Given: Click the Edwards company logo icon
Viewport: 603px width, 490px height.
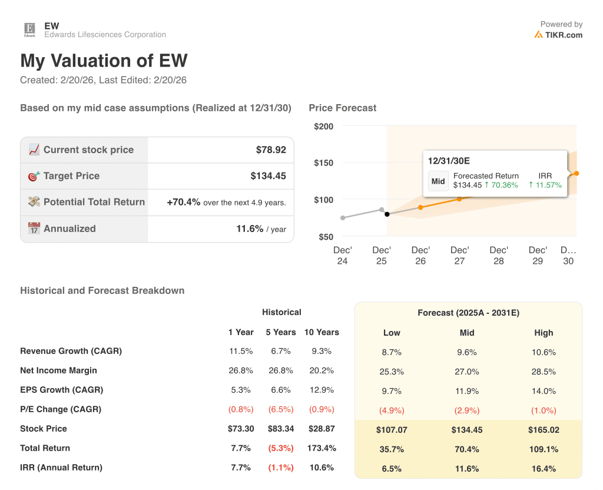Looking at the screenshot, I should click(29, 29).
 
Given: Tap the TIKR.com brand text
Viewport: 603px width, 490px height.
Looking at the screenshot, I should click(564, 35).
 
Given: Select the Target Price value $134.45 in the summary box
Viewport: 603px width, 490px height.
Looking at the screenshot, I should click(268, 176).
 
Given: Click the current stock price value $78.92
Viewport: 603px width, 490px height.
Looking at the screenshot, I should click(271, 150).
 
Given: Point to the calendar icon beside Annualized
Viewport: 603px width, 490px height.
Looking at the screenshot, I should click(34, 229).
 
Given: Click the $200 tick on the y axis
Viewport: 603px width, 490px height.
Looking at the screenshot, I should click(323, 127).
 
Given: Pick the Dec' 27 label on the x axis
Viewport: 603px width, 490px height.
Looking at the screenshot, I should click(459, 256).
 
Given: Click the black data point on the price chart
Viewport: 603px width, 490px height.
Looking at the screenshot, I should click(387, 214).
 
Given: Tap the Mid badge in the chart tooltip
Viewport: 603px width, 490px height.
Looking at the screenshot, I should click(438, 181).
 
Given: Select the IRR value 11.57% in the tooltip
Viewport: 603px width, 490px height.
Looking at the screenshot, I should click(545, 185).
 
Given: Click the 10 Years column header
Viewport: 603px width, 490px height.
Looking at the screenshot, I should click(322, 332).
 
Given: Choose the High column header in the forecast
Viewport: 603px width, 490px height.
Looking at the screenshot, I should click(544, 333).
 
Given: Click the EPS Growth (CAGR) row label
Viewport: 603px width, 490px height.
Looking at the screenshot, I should click(61, 390).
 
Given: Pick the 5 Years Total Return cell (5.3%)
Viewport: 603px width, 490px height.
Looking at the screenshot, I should click(281, 448).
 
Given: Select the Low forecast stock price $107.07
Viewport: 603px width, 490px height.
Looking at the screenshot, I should click(392, 430).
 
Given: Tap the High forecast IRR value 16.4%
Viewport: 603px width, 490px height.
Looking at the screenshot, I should click(544, 469).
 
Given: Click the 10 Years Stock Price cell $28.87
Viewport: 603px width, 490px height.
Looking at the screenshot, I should click(322, 429).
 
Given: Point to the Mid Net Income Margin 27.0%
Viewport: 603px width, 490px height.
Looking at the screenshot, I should click(467, 372).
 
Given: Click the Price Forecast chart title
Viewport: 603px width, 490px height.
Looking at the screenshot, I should click(342, 108).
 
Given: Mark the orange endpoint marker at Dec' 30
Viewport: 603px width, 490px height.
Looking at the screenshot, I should click(576, 173).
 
